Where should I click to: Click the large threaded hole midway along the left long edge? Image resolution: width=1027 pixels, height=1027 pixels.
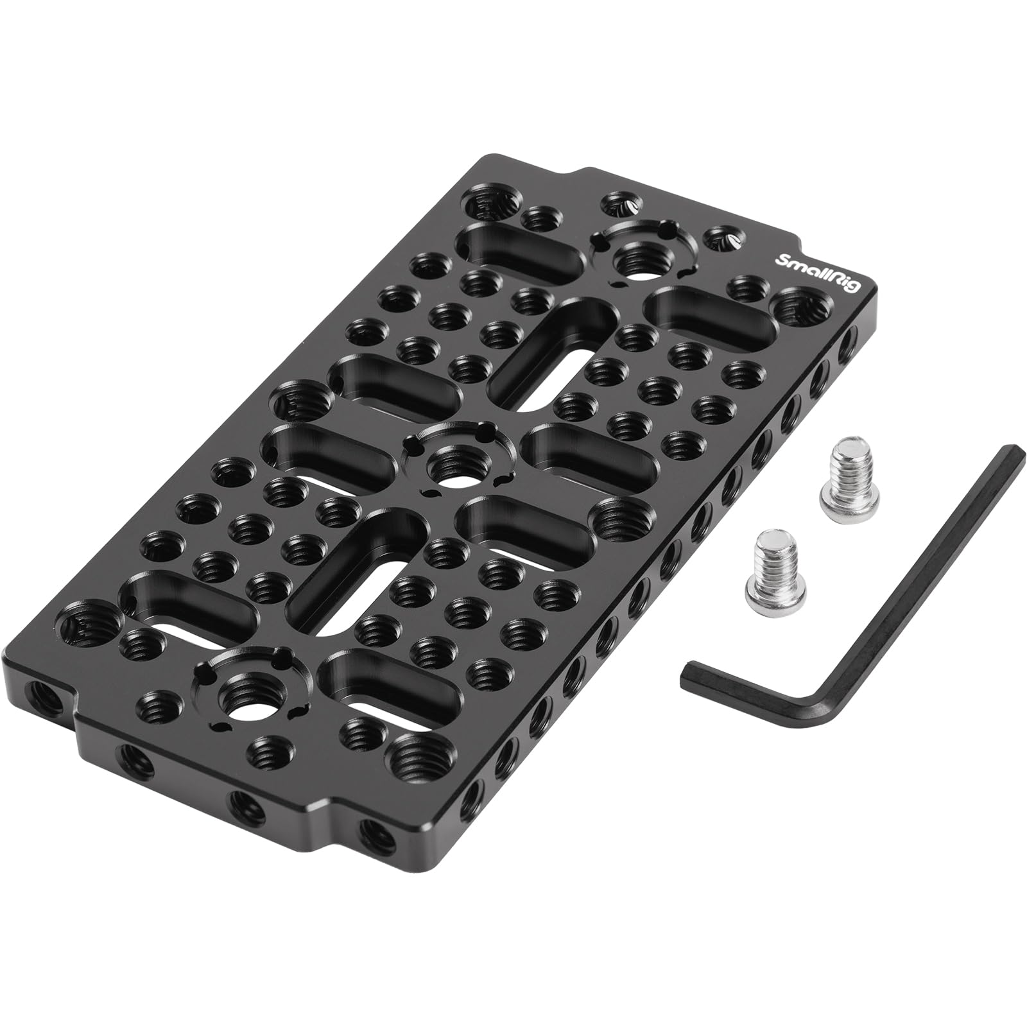tap(300, 404)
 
